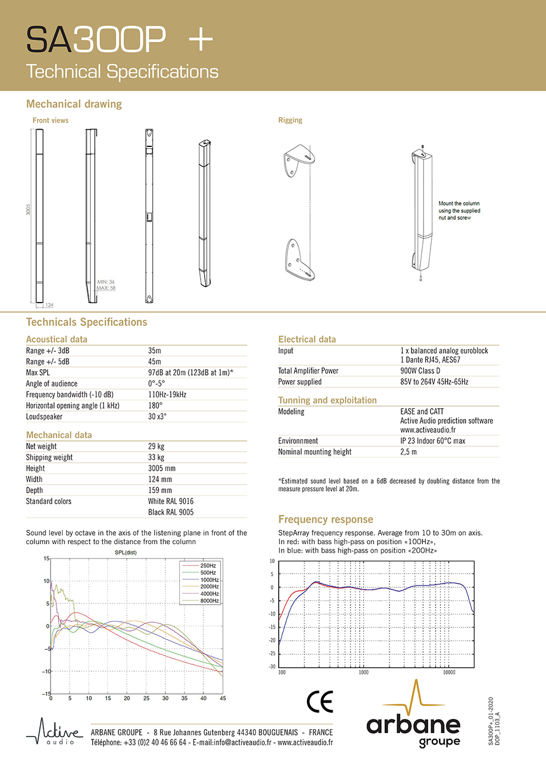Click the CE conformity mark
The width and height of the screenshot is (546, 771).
coord(320,702)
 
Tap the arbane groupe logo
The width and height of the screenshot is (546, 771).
coord(414,718)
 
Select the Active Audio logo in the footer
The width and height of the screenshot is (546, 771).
coord(55,733)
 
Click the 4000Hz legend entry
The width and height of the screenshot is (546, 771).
coord(209,594)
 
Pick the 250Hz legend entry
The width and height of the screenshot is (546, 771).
coord(208,565)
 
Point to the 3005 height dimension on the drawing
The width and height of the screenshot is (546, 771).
coord(28,210)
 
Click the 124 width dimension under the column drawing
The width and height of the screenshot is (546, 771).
coord(49,305)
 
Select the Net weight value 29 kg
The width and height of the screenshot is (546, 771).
coord(156,446)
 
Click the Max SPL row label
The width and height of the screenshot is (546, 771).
coord(38,373)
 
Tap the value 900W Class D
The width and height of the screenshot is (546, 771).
coord(420,371)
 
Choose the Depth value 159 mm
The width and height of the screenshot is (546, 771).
coord(160,490)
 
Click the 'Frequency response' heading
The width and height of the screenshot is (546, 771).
coord(325,520)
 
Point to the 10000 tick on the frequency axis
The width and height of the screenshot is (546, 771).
coord(448,672)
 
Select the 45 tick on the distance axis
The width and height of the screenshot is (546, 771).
coord(222,698)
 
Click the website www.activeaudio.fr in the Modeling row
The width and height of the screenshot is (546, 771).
coord(428,430)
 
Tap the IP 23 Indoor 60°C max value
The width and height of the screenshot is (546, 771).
coord(433,441)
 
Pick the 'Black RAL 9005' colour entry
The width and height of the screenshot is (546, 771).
coord(171,512)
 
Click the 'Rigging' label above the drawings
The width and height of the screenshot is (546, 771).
coord(290,120)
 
